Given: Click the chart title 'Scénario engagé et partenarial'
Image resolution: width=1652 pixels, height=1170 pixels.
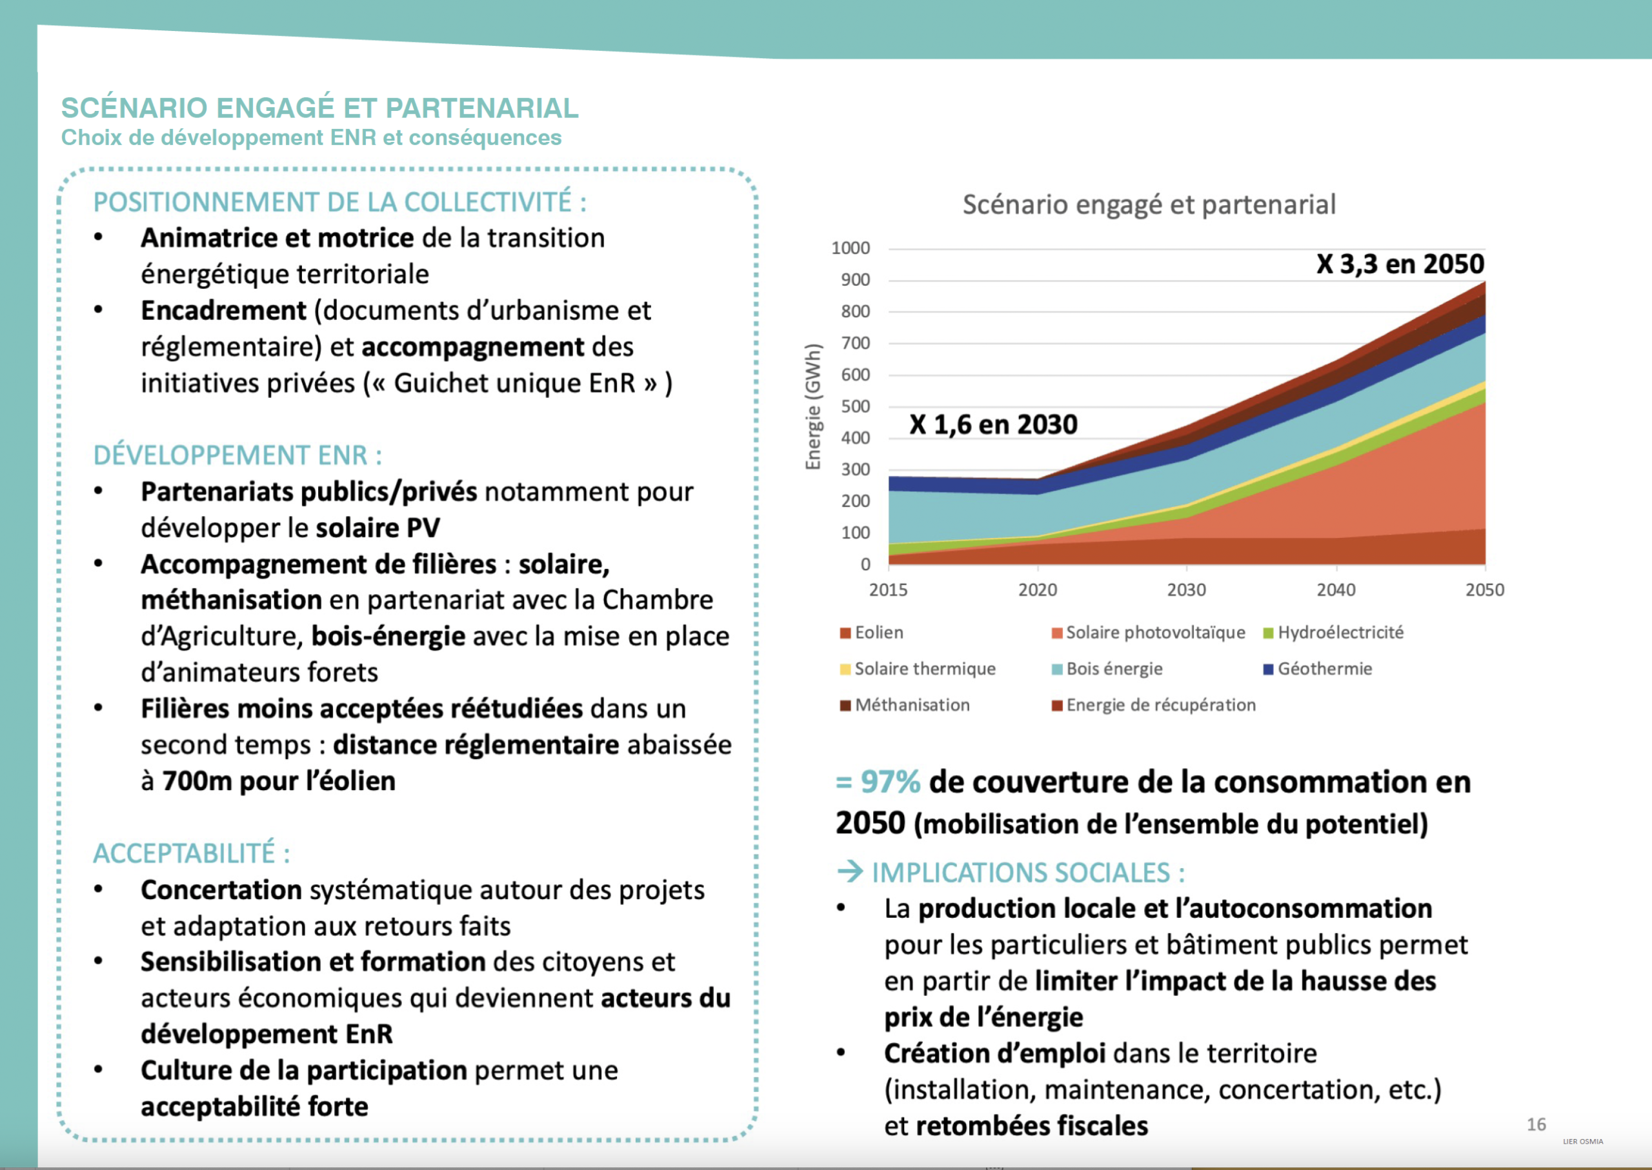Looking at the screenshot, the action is (x=1149, y=204).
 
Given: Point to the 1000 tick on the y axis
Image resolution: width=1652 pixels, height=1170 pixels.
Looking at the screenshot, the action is (x=851, y=248).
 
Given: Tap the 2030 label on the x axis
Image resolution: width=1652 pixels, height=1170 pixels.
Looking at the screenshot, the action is (x=1186, y=590).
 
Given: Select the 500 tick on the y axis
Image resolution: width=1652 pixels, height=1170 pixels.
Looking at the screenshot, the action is (x=856, y=406).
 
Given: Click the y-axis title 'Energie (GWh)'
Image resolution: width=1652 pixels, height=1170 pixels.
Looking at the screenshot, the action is (x=813, y=407).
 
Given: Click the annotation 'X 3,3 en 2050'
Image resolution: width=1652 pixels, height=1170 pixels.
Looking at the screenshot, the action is (x=1400, y=264).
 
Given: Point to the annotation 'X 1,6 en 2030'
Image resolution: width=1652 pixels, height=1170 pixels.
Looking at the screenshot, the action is (x=993, y=424).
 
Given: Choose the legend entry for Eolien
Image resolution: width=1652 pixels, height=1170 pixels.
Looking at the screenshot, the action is (x=871, y=633).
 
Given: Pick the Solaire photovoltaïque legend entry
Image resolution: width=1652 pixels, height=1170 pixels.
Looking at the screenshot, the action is (x=1148, y=633).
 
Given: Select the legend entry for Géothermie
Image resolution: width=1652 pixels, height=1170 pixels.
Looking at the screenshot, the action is (x=1318, y=669).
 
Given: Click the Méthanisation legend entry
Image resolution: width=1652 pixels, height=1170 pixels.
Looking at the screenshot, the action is (x=905, y=704).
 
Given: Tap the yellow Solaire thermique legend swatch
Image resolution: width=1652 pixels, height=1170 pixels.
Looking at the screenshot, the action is (x=845, y=669).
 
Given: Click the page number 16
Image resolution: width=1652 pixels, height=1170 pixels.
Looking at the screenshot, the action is (x=1536, y=1125).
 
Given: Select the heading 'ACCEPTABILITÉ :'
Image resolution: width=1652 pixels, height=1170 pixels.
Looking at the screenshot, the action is (x=192, y=854).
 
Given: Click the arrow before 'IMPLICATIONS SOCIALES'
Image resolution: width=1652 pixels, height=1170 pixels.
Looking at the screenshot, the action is (x=851, y=872).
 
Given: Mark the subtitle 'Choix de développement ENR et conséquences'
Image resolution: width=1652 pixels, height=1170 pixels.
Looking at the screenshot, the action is (x=312, y=137).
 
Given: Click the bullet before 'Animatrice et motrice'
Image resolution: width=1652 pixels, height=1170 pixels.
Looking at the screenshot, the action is (x=99, y=237).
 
